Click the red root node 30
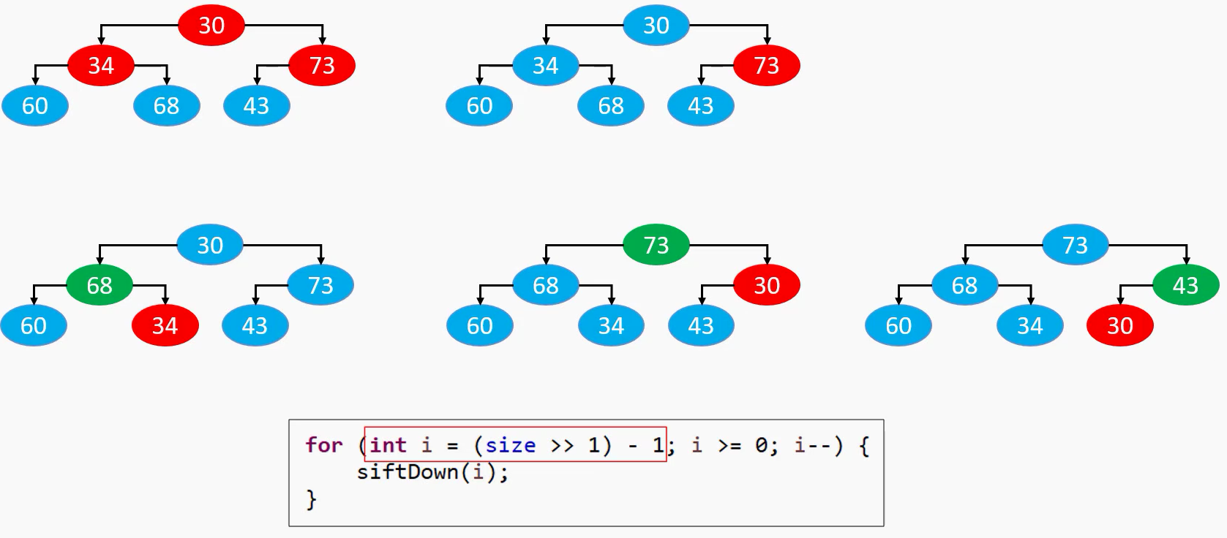tap(211, 26)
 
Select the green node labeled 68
tap(100, 285)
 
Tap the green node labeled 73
tap(656, 245)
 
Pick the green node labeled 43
tap(1185, 285)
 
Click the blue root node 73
tap(1075, 245)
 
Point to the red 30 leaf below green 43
tap(1119, 325)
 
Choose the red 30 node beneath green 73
tap(766, 285)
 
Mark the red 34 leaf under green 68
tap(165, 325)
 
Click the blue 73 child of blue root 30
tap(320, 285)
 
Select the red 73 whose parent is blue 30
tap(766, 66)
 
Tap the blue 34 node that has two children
tap(545, 66)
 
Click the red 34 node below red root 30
tap(101, 66)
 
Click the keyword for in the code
tap(324, 445)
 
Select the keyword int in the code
tap(388, 445)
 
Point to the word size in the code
tap(510, 445)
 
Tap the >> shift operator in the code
tap(562, 445)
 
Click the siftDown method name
tap(408, 472)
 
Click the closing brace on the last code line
tap(312, 500)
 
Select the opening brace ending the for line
tap(864, 445)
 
